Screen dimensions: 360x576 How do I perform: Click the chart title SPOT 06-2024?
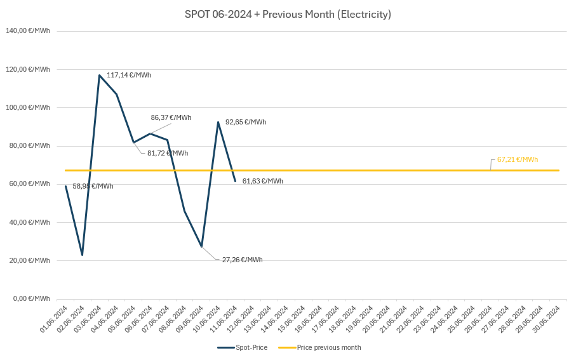pos(288,14)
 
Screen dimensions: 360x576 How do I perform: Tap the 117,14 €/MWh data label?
pos(129,75)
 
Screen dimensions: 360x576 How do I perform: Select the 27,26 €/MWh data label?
pos(242,260)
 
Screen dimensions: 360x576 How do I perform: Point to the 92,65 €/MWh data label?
pos(246,122)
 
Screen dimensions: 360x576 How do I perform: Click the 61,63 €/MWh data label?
pos(263,181)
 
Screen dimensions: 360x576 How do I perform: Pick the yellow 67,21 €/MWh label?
pos(518,159)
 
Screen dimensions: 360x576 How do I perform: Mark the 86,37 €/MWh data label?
pos(171,117)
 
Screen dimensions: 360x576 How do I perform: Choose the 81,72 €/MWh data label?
pos(168,153)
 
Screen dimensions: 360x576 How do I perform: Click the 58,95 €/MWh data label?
pos(93,186)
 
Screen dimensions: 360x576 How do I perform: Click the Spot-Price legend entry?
pos(243,347)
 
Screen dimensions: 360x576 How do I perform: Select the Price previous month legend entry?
pos(320,347)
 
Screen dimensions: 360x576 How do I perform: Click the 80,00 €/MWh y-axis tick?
pos(29,145)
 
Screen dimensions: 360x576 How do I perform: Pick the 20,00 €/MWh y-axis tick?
pos(29,260)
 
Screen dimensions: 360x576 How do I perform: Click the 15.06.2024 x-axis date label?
pos(292,319)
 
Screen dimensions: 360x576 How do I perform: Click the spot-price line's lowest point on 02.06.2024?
pos(82,255)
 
